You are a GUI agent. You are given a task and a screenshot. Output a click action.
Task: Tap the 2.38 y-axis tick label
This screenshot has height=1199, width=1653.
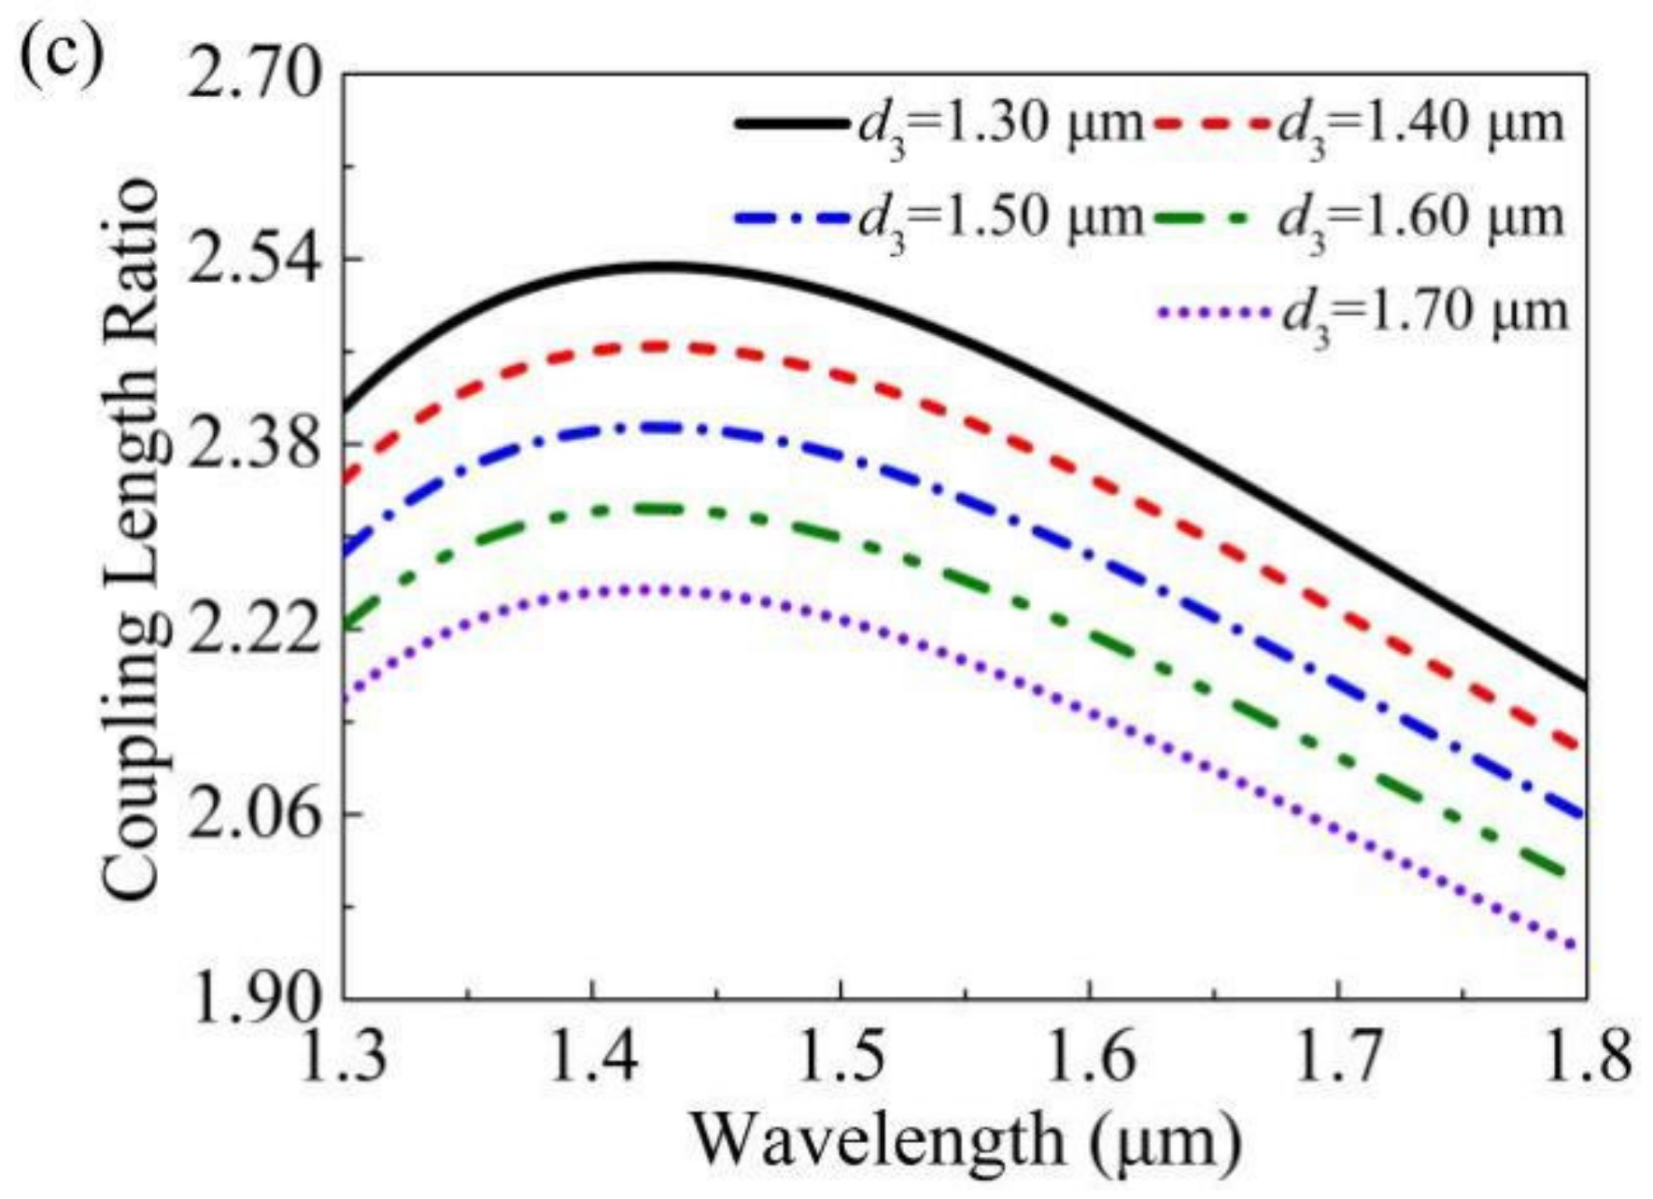coord(252,444)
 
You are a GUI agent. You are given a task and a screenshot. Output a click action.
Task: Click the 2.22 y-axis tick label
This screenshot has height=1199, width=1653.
coord(252,628)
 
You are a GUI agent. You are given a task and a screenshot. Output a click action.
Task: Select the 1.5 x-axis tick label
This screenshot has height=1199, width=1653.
coord(841,1055)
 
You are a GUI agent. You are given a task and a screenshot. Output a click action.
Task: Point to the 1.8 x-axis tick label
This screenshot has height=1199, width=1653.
coord(1584,1055)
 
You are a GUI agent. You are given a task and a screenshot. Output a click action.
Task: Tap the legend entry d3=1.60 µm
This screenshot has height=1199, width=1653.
coord(1420,219)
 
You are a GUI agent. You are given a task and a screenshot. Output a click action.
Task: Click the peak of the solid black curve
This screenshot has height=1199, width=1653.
coord(663,267)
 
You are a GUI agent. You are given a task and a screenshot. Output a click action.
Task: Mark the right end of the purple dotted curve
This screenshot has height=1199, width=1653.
coord(1583,949)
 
